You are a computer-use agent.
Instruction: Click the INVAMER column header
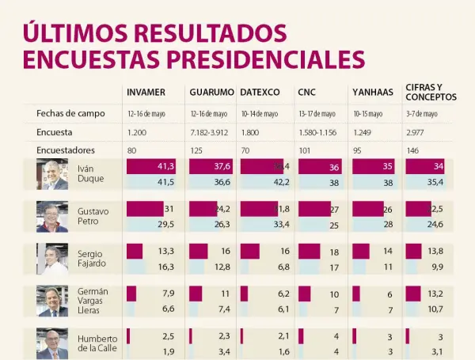click(146, 93)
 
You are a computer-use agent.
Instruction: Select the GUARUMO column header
click(211, 93)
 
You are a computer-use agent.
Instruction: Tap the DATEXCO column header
click(260, 93)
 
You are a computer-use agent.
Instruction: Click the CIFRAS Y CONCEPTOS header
click(431, 92)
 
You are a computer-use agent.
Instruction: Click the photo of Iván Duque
click(52, 174)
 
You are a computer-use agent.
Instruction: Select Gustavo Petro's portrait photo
click(52, 216)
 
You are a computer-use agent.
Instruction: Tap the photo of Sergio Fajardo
click(52, 259)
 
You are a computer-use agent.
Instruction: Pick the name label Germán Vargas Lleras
click(93, 301)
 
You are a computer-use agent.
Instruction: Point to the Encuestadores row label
click(66, 150)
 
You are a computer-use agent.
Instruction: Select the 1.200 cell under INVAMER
click(137, 132)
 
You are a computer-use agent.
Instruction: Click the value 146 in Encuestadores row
click(412, 150)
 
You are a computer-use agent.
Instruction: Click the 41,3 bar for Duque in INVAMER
click(151, 166)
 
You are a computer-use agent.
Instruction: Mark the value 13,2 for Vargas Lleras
click(434, 294)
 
